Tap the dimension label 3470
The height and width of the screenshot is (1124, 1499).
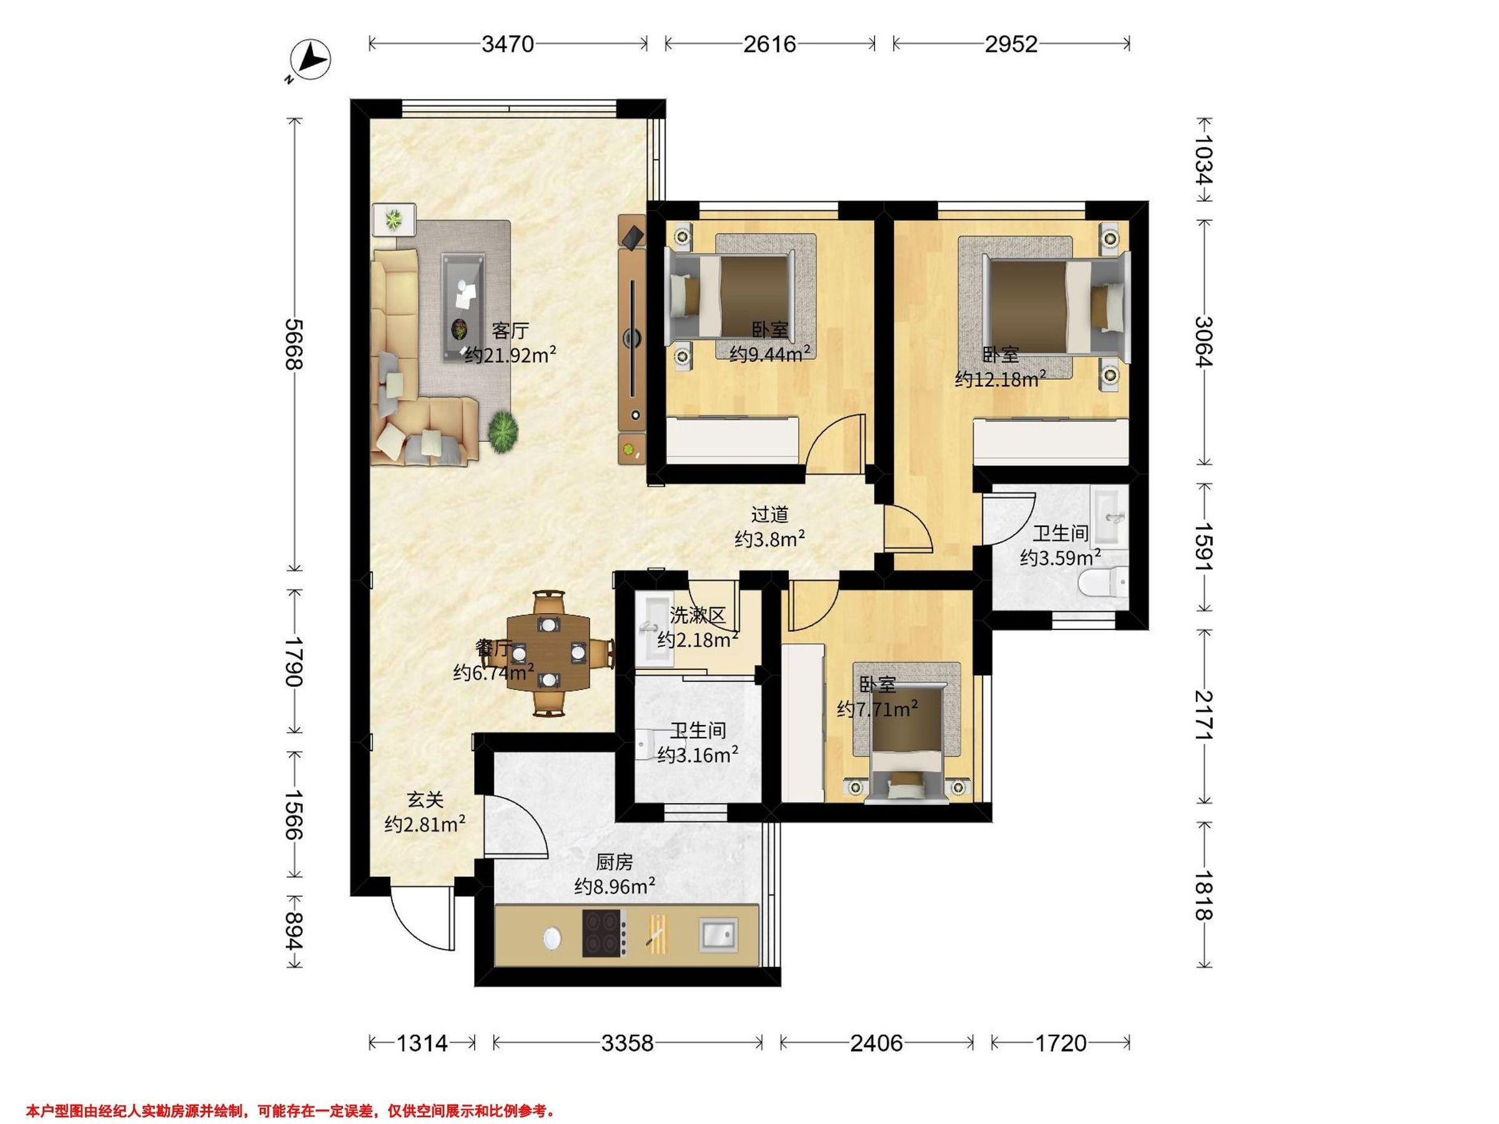click(x=508, y=44)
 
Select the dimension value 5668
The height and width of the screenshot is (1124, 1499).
click(x=294, y=344)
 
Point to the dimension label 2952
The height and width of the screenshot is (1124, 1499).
click(x=1011, y=44)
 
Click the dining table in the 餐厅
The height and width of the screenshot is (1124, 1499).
click(x=548, y=653)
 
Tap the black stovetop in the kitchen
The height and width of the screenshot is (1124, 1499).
click(x=605, y=934)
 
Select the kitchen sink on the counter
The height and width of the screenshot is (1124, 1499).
click(x=718, y=935)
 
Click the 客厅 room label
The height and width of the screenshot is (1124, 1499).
click(x=510, y=332)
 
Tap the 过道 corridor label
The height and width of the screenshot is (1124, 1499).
click(x=770, y=515)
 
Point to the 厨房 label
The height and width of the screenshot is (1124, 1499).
click(x=615, y=862)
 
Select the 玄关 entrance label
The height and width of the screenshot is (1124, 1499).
click(x=425, y=800)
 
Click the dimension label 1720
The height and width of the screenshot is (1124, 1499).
click(x=1061, y=1043)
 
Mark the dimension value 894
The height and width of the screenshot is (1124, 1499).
click(x=294, y=932)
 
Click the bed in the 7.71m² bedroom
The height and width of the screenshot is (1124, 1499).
click(x=907, y=745)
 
